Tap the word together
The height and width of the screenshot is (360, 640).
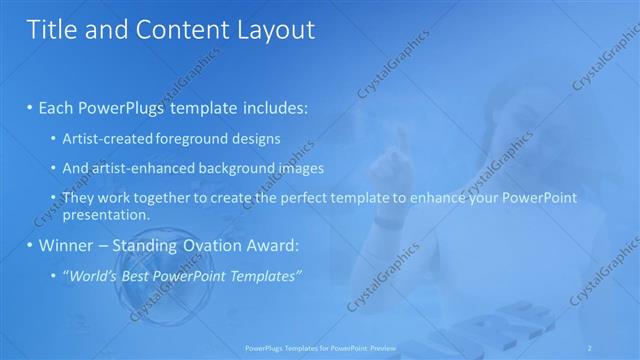tap(164, 198)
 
